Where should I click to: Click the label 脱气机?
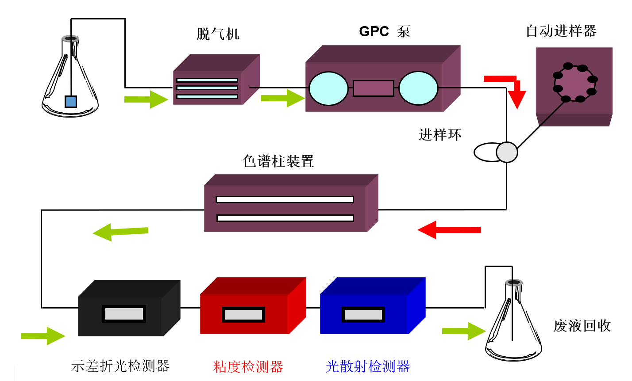click(218, 34)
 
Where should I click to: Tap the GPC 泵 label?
click(385, 31)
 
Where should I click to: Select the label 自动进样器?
click(561, 31)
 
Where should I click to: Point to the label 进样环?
click(440, 134)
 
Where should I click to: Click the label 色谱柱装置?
click(278, 161)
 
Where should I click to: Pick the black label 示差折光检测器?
click(120, 366)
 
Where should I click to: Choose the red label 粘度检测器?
click(248, 366)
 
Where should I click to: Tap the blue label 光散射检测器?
click(367, 366)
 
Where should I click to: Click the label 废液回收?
click(582, 326)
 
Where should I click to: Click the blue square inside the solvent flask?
click(71, 102)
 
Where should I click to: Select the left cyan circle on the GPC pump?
click(328, 88)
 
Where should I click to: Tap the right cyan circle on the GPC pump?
click(418, 88)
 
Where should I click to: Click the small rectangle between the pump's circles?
click(373, 88)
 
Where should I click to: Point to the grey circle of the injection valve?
click(507, 152)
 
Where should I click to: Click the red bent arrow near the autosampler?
click(509, 88)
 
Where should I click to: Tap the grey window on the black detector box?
click(124, 314)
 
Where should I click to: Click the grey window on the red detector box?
click(243, 315)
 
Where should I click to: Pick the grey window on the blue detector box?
click(363, 315)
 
